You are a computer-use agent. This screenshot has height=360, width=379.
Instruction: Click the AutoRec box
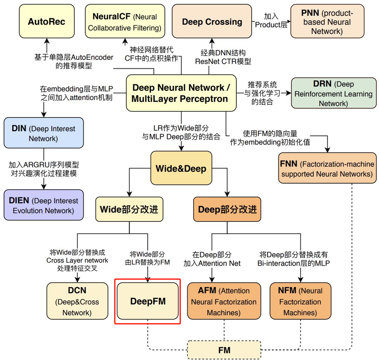46,22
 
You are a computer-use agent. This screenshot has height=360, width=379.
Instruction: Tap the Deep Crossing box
212,22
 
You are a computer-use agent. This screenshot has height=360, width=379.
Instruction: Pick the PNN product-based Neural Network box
327,22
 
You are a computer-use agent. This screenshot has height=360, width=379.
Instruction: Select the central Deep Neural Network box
181,94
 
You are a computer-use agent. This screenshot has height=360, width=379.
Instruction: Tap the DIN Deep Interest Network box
43,133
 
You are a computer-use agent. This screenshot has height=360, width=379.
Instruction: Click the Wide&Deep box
181,168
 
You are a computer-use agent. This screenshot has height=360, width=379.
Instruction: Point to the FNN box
327,169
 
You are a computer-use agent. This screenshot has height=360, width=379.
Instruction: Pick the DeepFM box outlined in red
148,301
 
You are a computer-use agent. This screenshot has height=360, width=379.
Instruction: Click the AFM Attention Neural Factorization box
224,301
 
